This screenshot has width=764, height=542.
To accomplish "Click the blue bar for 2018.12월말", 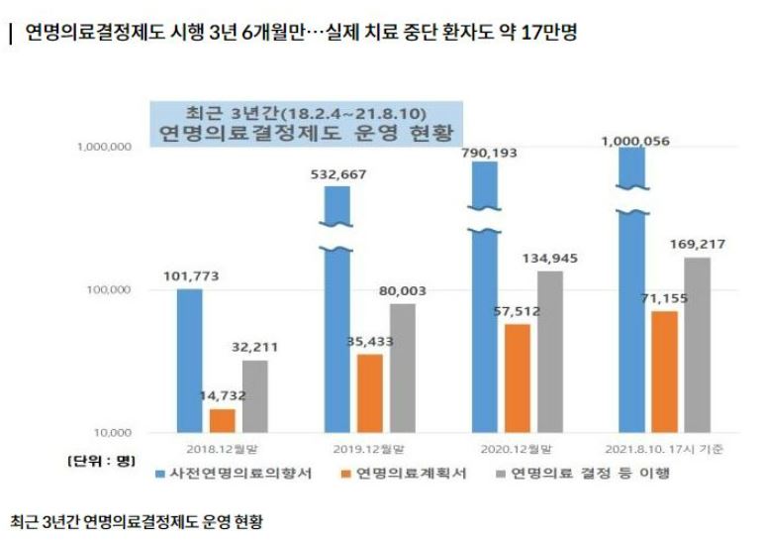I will pos(190,361).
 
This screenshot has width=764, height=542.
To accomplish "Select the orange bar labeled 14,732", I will pos(223,420).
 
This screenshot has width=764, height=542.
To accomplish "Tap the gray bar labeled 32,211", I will pos(254,396).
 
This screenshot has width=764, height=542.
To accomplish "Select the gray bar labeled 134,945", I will pos(551,351).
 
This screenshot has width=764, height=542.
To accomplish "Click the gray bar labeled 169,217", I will pos(697,344).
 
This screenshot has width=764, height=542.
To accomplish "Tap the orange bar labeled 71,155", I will pos(664,372).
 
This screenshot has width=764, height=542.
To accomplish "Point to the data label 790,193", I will pos(497,153).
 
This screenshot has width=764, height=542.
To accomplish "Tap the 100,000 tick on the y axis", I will pos(104,290).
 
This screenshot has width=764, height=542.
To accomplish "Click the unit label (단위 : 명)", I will pos(100,461).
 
